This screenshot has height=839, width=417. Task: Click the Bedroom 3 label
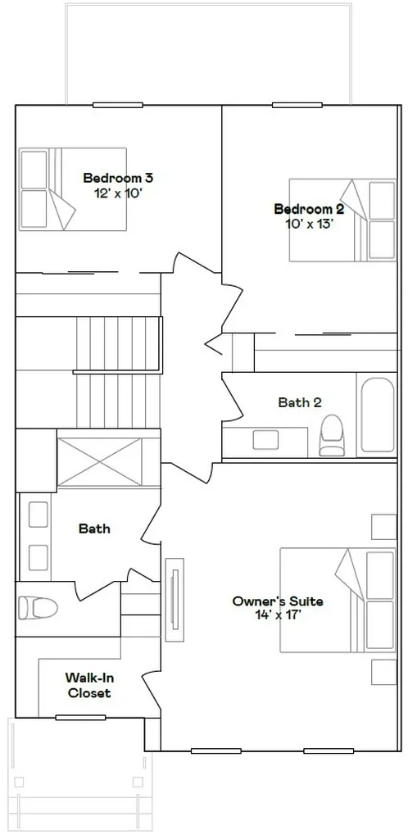118,178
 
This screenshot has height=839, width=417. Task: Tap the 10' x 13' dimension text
310,224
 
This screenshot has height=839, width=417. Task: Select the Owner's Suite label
277,601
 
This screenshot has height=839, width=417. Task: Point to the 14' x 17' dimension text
279,615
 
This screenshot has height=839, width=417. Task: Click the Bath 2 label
300,402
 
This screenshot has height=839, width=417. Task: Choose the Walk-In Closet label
88,686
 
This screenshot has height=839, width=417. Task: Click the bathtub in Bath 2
378,415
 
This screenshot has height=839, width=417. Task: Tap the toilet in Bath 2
330,435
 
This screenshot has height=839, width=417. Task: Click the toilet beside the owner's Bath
38,609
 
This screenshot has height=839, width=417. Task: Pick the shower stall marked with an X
100,462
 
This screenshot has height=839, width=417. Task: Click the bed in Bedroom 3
73,189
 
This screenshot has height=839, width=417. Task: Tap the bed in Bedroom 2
342,220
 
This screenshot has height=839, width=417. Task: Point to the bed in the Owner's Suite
338,600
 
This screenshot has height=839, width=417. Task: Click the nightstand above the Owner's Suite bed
383,527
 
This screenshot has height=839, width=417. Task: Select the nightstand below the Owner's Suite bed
383,673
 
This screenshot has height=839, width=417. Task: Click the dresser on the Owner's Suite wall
175,600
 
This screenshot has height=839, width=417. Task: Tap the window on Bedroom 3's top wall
118,105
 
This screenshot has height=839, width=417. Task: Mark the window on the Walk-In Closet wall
80,718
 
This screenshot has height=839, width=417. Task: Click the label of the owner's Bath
95,528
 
